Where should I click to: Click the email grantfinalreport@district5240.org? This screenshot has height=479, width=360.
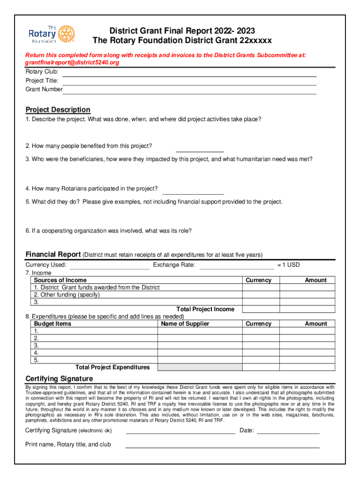click(x=72, y=62)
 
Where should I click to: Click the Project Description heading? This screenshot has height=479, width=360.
click(x=58, y=110)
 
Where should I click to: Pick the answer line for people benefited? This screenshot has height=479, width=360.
click(x=200, y=150)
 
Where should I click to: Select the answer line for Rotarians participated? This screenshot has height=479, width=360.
click(x=193, y=192)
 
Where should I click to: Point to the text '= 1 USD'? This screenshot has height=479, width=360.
click(x=288, y=265)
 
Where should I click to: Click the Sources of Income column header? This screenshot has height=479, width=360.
click(x=60, y=280)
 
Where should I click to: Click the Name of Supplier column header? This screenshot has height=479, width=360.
click(x=185, y=324)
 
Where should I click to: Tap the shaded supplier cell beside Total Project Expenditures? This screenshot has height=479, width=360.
click(x=200, y=367)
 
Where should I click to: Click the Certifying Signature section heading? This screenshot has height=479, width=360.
click(x=59, y=378)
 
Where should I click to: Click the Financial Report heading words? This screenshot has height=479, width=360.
click(x=53, y=254)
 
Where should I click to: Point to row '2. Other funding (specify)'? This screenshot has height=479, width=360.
click(x=67, y=295)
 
